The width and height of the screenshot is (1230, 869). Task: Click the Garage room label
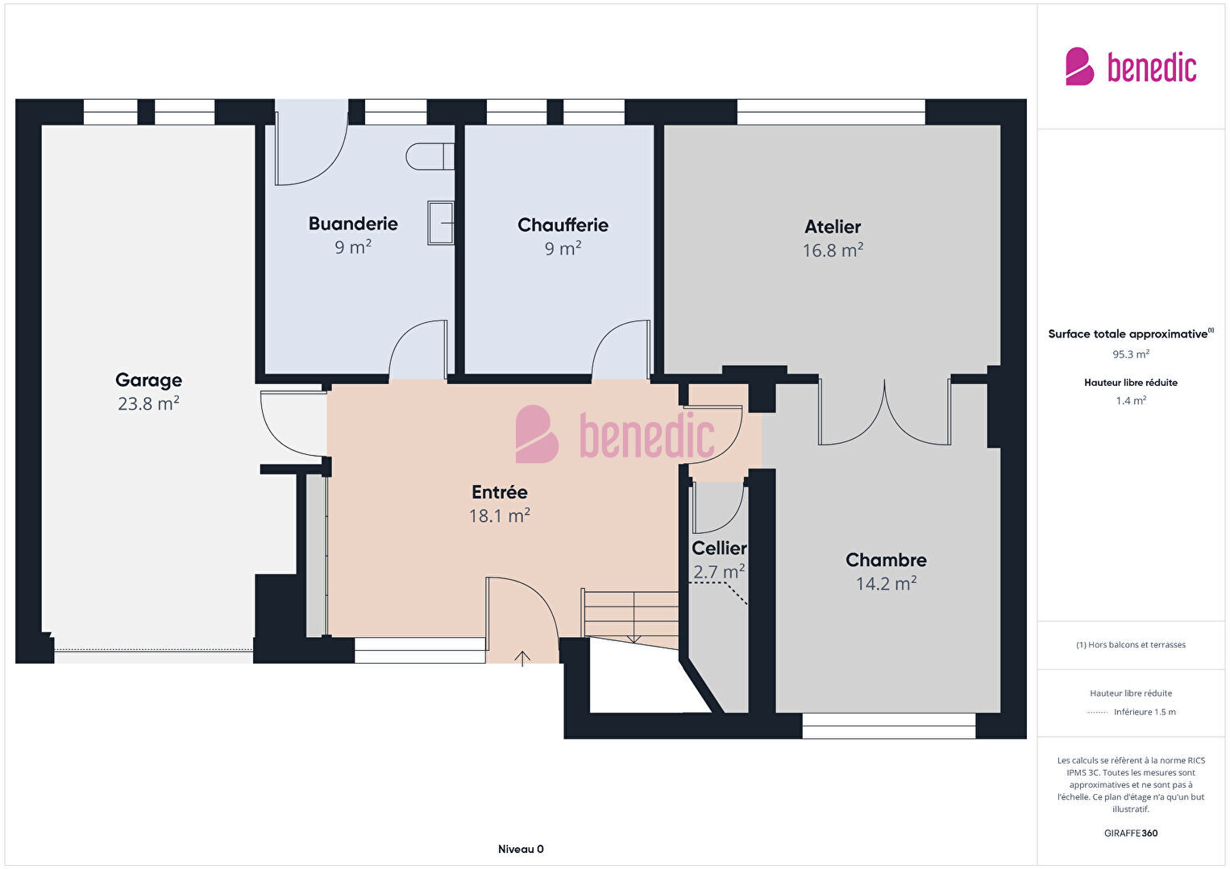(x=148, y=379)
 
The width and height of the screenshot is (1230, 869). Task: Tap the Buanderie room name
(x=353, y=223)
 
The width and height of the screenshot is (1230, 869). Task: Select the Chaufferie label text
(x=563, y=225)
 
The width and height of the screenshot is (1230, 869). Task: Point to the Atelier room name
(x=833, y=226)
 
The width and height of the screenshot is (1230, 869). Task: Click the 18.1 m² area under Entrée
(x=499, y=515)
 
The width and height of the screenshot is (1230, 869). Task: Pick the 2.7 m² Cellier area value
(x=719, y=572)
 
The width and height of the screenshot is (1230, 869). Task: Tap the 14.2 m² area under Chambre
(x=887, y=583)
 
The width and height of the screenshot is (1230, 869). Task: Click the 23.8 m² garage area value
(x=148, y=403)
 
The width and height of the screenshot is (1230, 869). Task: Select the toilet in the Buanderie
(x=430, y=157)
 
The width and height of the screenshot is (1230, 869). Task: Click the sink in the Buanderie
(x=441, y=223)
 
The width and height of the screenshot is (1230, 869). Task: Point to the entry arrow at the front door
(x=522, y=659)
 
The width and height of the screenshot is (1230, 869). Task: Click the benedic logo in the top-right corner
(x=1131, y=66)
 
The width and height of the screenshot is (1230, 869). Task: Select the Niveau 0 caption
(x=521, y=849)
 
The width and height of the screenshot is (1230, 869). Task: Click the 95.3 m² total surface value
(x=1131, y=354)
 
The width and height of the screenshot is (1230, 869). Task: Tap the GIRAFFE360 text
(x=1131, y=833)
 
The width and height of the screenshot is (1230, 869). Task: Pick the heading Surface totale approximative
(x=1131, y=333)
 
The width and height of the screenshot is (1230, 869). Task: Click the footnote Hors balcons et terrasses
(x=1131, y=644)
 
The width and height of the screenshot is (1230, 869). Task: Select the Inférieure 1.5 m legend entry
(x=1145, y=711)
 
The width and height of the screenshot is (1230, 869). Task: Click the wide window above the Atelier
(x=831, y=112)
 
